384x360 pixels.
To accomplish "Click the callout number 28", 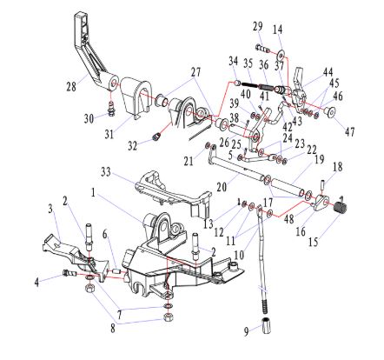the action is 71,86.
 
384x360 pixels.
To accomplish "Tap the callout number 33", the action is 106,171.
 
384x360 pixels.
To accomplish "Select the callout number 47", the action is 349,132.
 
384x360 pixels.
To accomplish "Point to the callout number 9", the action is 246,331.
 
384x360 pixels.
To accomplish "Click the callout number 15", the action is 313,241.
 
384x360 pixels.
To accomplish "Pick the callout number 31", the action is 109,134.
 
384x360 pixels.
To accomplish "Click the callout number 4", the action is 36,282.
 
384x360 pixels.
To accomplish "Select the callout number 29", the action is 257,26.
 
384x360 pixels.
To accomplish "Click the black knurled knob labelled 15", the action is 341,207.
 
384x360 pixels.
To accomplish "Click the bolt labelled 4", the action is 70,273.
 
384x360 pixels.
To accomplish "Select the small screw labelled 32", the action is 157,137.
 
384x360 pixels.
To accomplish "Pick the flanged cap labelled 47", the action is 329,111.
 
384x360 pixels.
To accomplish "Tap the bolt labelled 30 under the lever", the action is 111,109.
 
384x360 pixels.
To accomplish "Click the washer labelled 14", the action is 281,54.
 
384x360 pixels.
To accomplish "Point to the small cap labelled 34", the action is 237,83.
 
